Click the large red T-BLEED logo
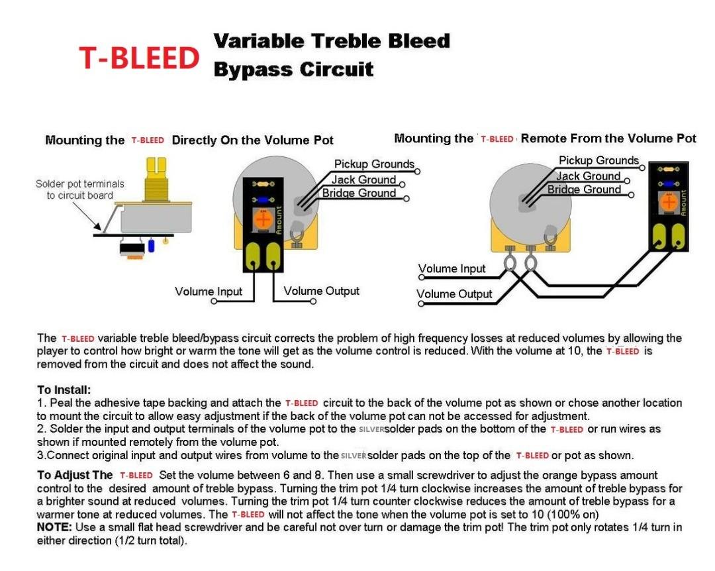tap(139, 58)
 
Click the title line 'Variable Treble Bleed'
tap(331, 41)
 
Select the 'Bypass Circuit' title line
tap(293, 70)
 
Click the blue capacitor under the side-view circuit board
tap(152, 245)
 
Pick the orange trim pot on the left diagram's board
tap(263, 219)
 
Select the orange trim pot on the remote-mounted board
tap(669, 202)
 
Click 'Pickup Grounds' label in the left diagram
tap(374, 164)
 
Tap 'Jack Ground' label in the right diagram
tap(588, 176)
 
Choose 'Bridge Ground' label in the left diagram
tap(359, 193)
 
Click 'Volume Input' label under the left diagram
tap(209, 291)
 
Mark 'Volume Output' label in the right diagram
tap(454, 294)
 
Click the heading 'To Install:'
tap(64, 390)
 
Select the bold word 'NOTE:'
tap(56, 527)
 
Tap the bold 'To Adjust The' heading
tap(75, 476)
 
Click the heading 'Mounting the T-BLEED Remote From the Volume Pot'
tap(545, 138)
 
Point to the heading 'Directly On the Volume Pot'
tap(252, 140)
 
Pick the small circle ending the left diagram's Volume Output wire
tap(314, 303)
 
